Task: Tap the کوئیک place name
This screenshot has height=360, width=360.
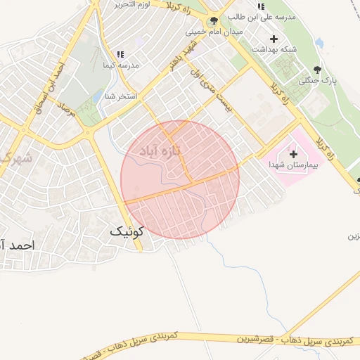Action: (x=127, y=231)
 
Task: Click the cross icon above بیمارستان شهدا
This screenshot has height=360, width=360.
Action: (x=293, y=153)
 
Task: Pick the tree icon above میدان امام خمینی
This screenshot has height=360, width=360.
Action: (x=214, y=21)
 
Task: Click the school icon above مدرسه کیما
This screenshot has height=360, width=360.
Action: (x=120, y=54)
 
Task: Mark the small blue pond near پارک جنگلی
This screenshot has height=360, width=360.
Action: (x=320, y=44)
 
